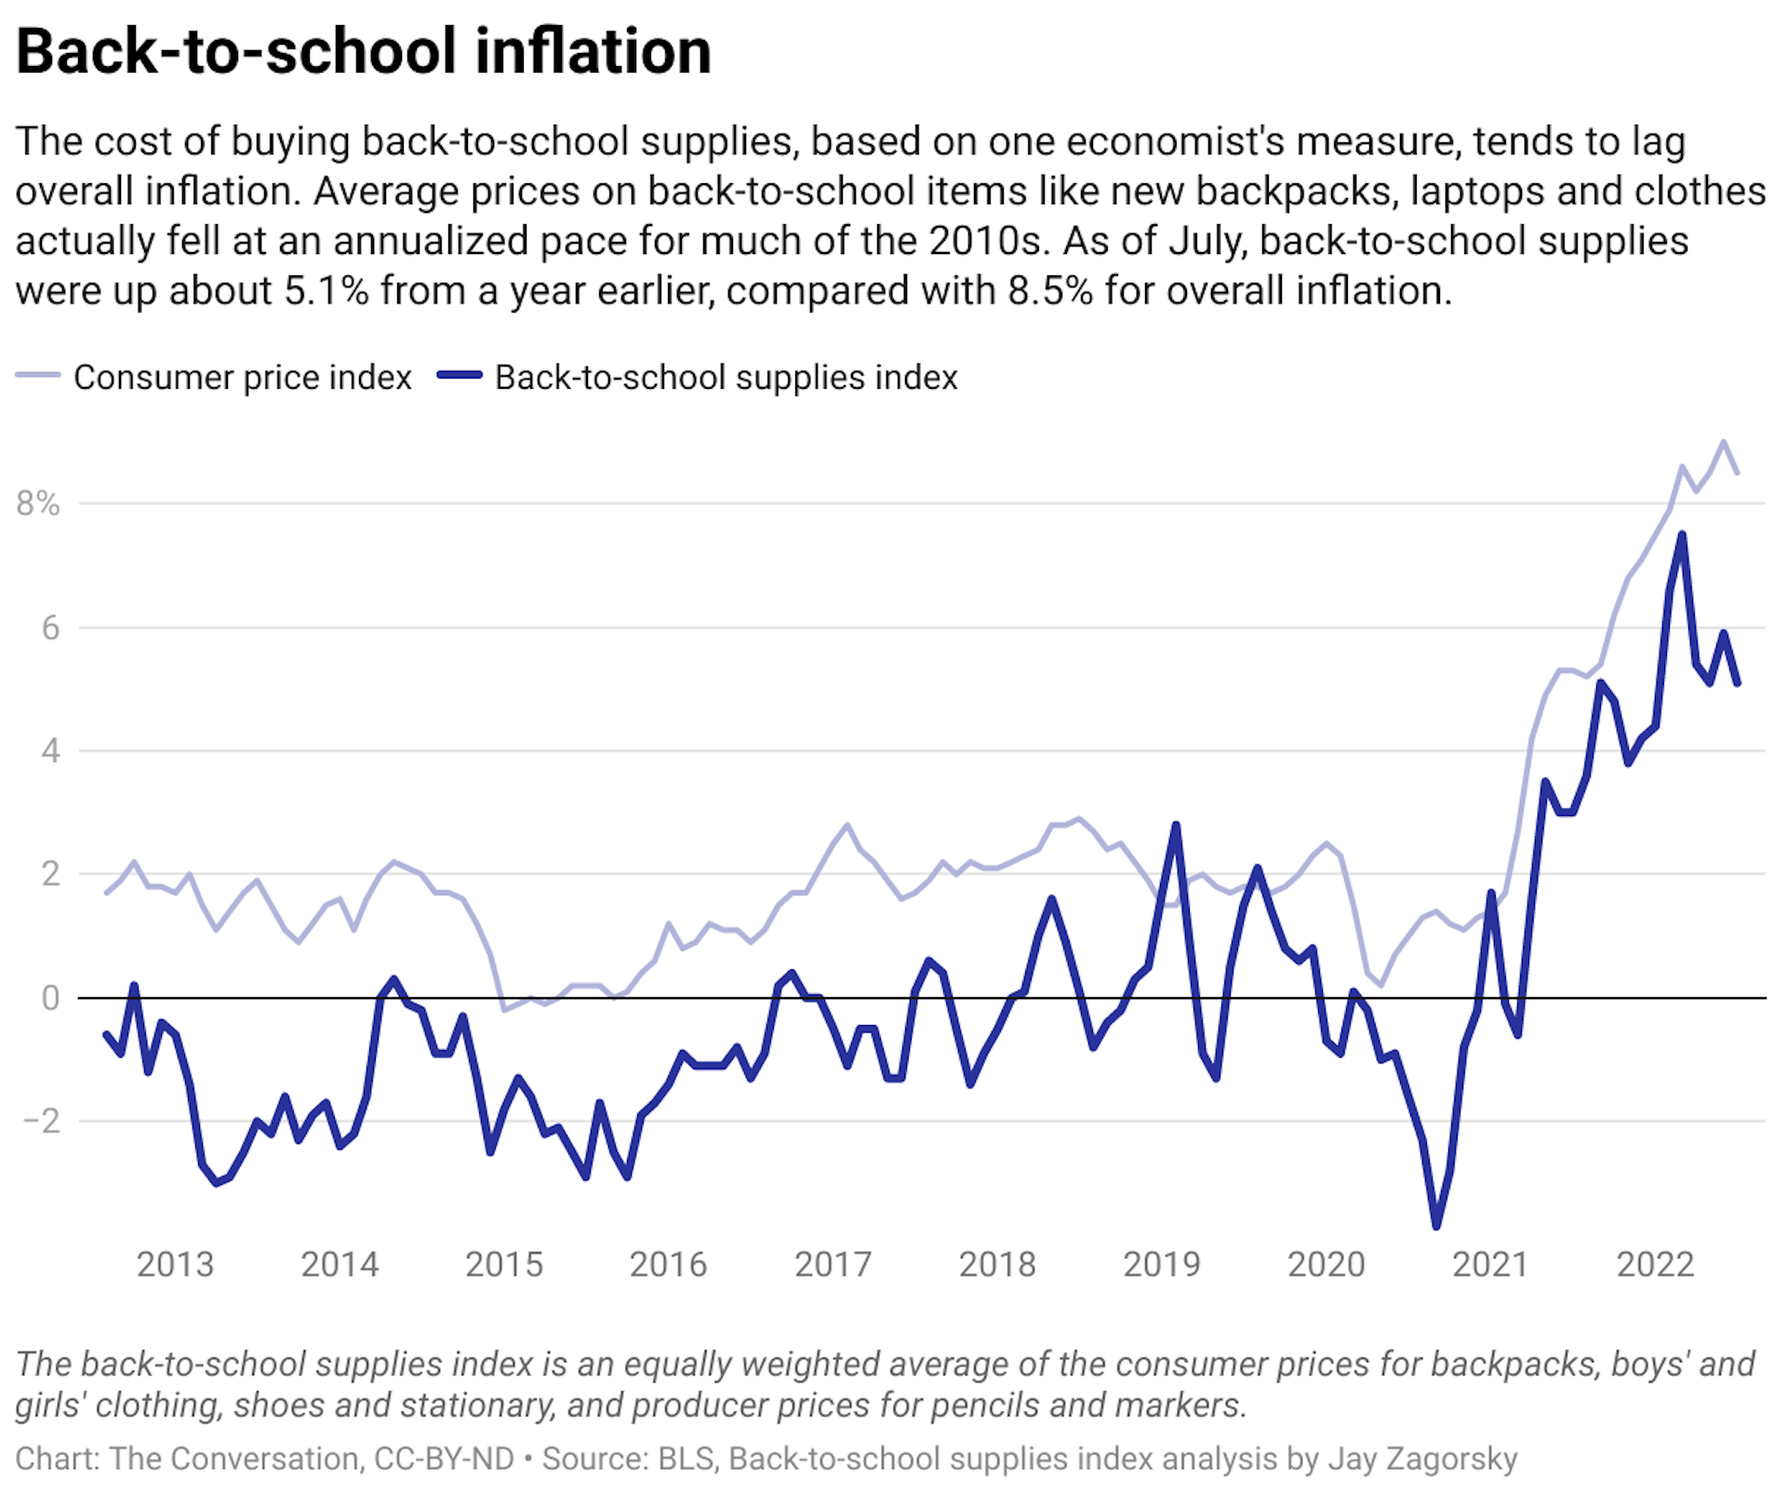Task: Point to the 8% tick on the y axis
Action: point(37,503)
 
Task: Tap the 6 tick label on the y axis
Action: point(50,628)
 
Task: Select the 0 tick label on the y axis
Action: point(50,997)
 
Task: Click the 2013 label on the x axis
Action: point(175,1264)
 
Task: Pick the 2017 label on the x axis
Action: point(833,1264)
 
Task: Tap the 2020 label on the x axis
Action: point(1326,1264)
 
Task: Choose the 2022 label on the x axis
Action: point(1655,1264)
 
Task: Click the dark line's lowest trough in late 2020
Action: point(1436,1226)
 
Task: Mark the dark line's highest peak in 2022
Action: point(1682,535)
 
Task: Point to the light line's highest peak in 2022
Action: point(1724,442)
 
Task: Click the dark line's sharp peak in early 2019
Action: point(1176,825)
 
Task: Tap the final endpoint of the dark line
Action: point(1737,684)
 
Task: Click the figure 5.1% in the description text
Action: point(327,291)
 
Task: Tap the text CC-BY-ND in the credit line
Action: point(444,1458)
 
